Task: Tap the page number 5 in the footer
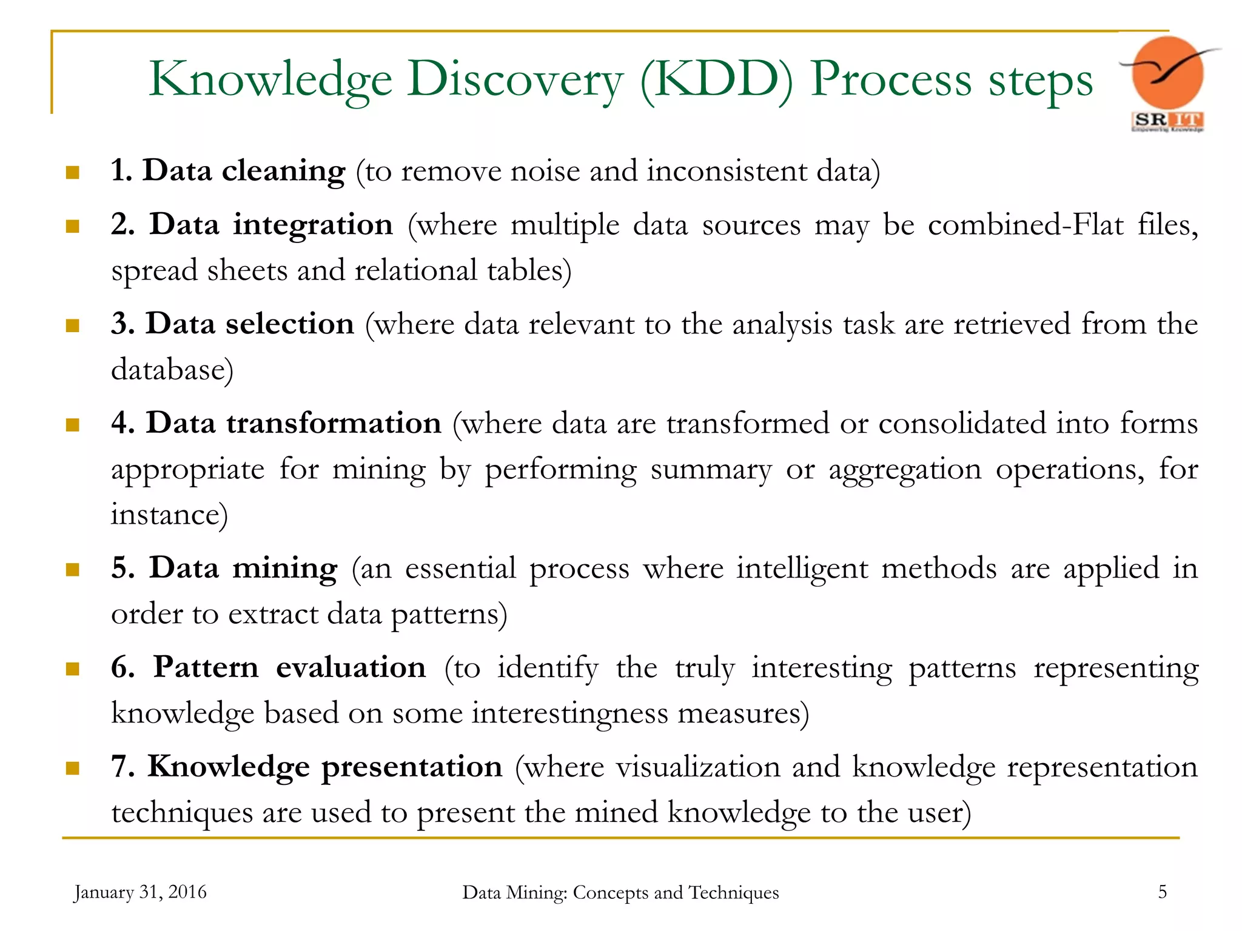1162,892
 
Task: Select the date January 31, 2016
140,892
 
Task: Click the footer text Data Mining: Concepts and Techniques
620,892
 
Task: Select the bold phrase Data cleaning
244,170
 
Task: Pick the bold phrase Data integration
271,224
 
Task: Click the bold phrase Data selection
249,323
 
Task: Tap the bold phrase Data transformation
294,422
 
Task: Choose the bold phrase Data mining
243,568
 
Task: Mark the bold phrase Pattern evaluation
289,667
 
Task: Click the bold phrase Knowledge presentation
325,766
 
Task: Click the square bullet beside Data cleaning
73,173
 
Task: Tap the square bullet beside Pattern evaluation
73,669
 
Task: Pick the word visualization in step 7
698,767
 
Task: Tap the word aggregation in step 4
905,470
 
